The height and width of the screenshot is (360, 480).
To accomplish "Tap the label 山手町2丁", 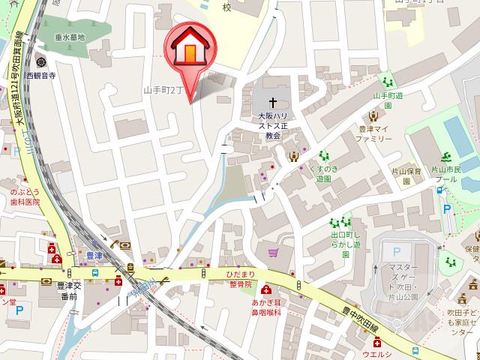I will coord(163,90).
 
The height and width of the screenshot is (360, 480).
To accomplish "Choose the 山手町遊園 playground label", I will coord(388,100).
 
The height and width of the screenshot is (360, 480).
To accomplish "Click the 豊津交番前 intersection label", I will coord(67,290).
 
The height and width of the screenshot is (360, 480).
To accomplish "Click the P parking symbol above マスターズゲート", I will coord(397,251).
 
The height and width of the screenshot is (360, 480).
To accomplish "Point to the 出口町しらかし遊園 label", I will coord(346,244).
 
